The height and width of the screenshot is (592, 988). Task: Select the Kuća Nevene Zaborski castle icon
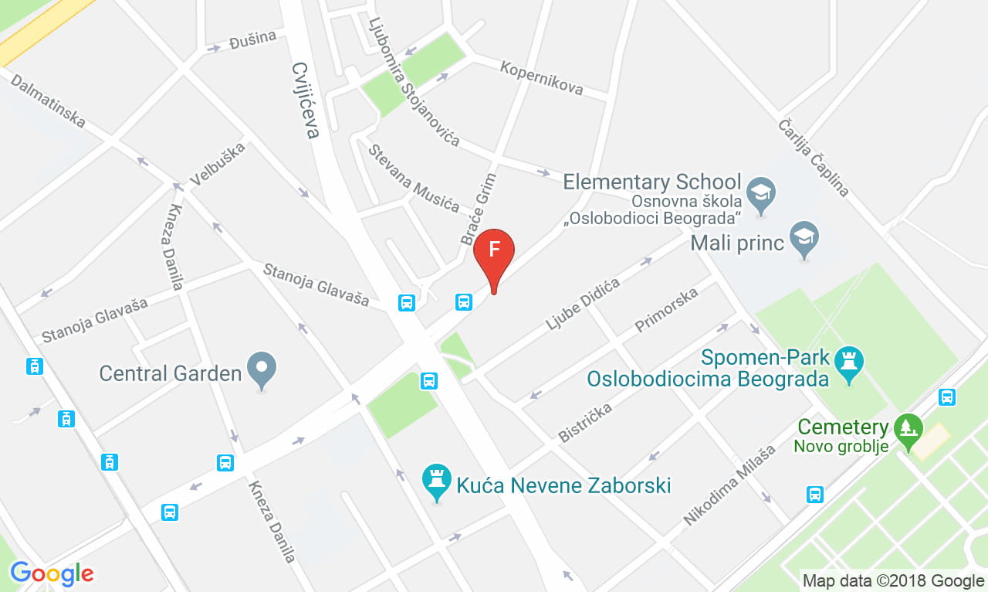click(x=437, y=482)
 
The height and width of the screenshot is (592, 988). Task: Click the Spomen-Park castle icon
click(x=851, y=361)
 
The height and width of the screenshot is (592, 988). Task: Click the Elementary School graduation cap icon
click(x=763, y=190)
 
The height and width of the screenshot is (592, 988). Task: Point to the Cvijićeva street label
click(x=306, y=100)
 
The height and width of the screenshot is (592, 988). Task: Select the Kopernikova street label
click(x=541, y=77)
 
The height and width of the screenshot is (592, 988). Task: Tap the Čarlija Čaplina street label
click(x=813, y=158)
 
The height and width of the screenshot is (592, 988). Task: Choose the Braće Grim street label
click(x=479, y=209)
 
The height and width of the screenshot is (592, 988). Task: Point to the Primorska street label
click(x=666, y=310)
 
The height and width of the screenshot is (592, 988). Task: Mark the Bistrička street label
click(x=585, y=422)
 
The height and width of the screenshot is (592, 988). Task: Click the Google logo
click(x=52, y=573)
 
